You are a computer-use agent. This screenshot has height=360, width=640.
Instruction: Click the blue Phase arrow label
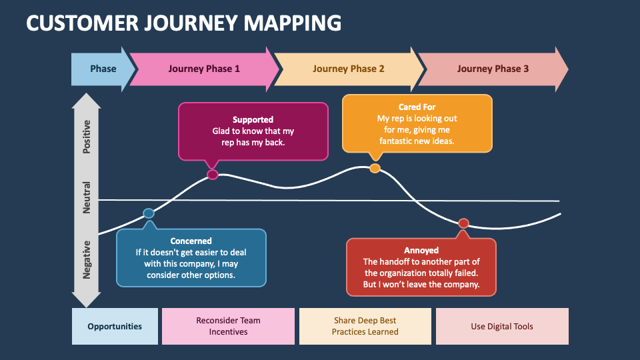(x=103, y=69)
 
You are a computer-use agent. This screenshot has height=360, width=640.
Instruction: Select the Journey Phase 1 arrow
(x=204, y=69)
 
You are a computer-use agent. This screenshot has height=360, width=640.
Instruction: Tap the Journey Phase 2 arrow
(x=349, y=69)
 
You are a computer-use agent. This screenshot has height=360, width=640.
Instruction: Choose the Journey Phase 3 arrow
(x=493, y=69)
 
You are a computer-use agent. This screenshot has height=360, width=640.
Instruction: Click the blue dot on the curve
(x=149, y=213)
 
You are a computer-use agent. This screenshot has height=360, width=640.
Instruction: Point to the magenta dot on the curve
(x=213, y=175)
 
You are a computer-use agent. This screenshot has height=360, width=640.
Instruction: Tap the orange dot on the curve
(x=375, y=168)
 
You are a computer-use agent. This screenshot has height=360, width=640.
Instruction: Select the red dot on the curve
(x=463, y=223)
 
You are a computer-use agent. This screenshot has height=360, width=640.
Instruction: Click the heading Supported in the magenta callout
(x=253, y=119)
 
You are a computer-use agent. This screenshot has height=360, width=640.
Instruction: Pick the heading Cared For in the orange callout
(x=417, y=107)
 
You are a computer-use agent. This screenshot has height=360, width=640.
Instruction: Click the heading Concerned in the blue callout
(x=191, y=241)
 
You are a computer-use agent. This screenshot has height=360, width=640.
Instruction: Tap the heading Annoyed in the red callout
(x=421, y=250)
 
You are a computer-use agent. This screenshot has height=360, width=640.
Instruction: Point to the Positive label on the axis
(x=87, y=137)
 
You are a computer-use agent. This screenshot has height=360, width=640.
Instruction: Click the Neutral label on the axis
(x=87, y=197)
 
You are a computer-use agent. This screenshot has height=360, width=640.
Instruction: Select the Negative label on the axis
(x=87, y=260)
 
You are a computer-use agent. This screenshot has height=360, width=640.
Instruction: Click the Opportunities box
(x=115, y=327)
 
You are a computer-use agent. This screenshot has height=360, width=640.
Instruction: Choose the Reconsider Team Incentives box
(x=228, y=327)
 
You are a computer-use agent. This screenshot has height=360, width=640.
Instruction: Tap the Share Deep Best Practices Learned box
(x=365, y=327)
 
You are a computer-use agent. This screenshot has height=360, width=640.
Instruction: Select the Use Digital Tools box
(x=502, y=327)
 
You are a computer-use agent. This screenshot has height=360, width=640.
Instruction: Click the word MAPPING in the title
(x=292, y=23)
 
